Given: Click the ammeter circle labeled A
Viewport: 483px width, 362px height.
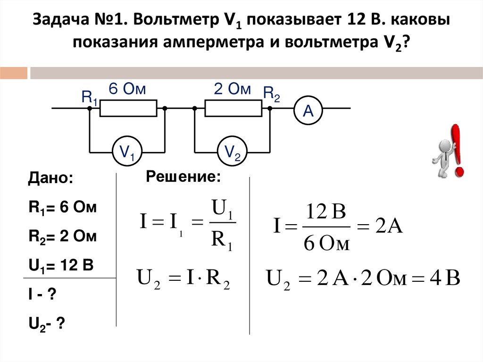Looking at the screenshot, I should point(308,111).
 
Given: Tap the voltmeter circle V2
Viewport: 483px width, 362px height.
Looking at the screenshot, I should point(232,152).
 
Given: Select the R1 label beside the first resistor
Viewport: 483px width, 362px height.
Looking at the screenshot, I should point(90,98).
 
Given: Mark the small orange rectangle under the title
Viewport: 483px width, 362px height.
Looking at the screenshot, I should point(14,73).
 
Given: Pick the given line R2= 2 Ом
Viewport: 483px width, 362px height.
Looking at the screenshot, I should point(62,237).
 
